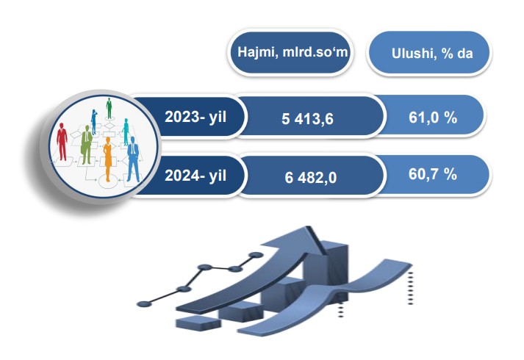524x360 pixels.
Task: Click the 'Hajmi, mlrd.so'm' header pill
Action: [290, 53]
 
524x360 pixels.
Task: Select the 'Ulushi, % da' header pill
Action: [429, 53]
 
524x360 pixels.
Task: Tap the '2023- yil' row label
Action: [195, 117]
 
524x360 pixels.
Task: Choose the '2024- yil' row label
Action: [195, 176]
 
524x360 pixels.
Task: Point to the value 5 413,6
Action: [307, 119]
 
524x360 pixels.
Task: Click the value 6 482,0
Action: [310, 178]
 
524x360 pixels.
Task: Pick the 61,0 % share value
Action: [433, 118]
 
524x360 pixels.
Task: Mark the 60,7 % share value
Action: [433, 174]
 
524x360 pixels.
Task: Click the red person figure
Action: [62, 142]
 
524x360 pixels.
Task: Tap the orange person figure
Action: [107, 159]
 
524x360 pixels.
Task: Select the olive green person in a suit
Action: [87, 145]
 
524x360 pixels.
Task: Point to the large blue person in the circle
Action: [133, 159]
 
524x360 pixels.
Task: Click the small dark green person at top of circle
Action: [109, 108]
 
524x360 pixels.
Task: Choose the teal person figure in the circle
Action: [126, 132]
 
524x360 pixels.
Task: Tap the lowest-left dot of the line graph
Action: [144, 304]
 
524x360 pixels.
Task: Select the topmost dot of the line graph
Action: [256, 256]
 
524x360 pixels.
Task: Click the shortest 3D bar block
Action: [198, 323]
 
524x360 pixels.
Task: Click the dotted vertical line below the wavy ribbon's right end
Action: [410, 287]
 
